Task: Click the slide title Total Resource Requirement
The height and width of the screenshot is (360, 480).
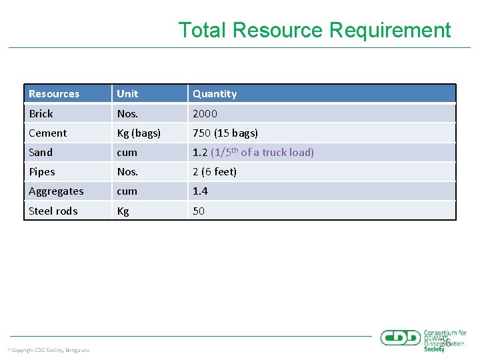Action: [314, 30]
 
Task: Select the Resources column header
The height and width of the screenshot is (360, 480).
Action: [54, 94]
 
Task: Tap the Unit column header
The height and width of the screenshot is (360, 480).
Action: [127, 94]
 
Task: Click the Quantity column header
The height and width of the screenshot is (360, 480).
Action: [215, 94]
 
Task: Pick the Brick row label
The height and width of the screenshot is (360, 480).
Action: [41, 113]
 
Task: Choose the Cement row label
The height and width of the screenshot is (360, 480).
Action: [47, 133]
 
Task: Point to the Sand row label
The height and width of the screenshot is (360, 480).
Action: [41, 152]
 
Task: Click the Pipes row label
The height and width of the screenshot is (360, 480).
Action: [42, 171]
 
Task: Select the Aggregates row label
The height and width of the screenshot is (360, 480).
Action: [56, 191]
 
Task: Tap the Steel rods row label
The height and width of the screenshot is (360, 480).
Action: [53, 211]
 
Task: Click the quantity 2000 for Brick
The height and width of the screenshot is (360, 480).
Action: [205, 113]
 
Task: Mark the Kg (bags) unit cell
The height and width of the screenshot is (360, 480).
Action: [139, 133]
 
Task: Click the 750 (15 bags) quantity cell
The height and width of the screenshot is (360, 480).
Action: [225, 133]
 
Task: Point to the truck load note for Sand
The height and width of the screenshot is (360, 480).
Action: [262, 152]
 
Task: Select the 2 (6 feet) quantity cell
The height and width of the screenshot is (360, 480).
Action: [215, 171]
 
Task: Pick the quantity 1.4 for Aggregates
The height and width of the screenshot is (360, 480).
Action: [200, 191]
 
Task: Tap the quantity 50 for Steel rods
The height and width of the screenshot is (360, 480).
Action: [199, 211]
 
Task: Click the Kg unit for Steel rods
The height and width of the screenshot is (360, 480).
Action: [123, 211]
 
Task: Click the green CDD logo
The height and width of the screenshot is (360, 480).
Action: [401, 338]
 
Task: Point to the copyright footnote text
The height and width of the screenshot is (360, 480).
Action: [49, 350]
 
